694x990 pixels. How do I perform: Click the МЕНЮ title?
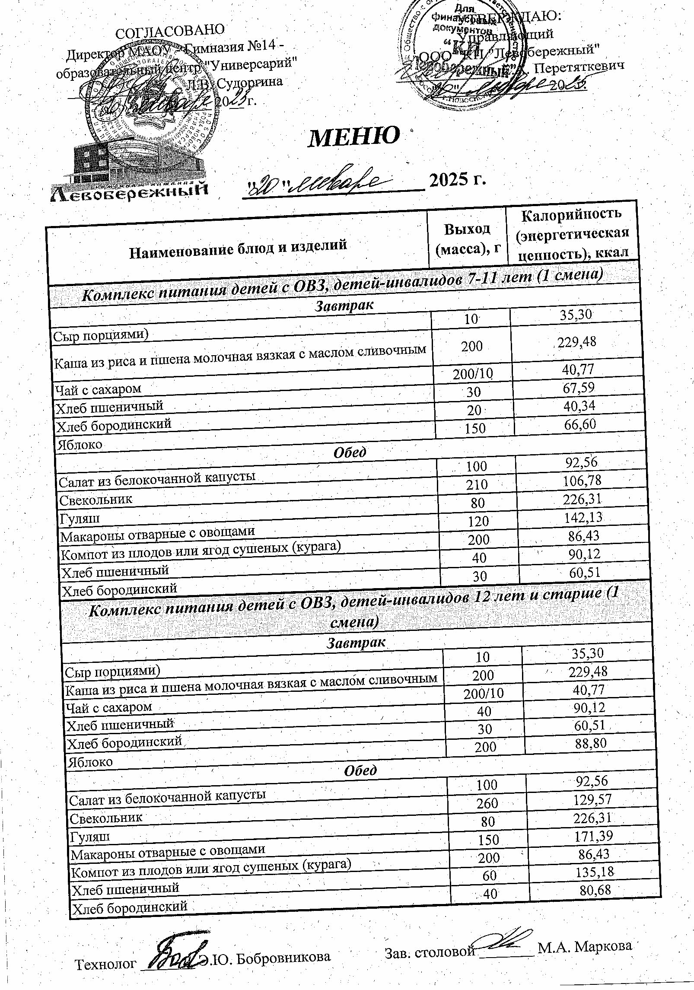click(x=353, y=137)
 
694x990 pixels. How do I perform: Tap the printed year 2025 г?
click(x=456, y=179)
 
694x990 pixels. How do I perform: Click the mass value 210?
click(x=477, y=484)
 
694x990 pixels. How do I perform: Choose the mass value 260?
click(x=487, y=802)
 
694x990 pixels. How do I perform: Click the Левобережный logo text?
click(x=128, y=191)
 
